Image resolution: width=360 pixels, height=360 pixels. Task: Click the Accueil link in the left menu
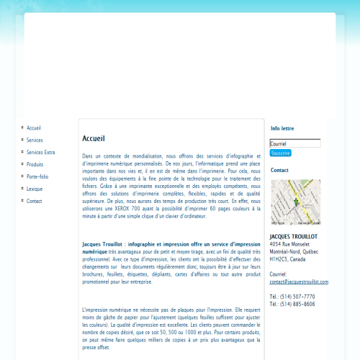coord(35,127)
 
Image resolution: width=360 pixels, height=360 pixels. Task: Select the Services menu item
coord(35,140)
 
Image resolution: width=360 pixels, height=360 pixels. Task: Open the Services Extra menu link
coord(40,152)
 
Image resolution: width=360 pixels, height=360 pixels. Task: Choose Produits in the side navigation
coord(35,164)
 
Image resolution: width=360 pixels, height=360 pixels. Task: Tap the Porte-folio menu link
coord(37,176)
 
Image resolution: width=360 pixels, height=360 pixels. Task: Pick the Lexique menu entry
coord(35,189)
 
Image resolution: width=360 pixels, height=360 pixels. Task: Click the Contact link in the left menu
coord(35,201)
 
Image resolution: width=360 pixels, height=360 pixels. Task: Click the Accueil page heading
coord(94,138)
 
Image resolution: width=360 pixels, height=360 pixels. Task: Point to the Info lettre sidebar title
coord(282,128)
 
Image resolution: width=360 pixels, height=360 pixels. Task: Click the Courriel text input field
coord(295,143)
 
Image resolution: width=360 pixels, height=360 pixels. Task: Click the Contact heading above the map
coord(279,171)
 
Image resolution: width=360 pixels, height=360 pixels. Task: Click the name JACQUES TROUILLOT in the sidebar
coord(294,237)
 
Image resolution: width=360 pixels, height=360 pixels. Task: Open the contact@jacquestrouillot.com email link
coord(299,282)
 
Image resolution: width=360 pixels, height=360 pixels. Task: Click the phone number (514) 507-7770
coord(297,297)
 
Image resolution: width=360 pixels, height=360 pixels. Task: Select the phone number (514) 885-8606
coord(297,305)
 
